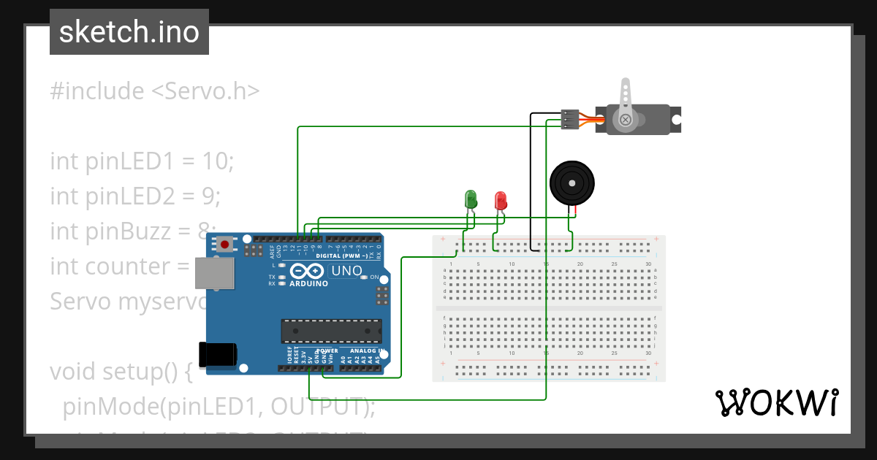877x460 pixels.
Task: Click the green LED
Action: [471, 199]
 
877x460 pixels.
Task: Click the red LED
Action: [501, 200]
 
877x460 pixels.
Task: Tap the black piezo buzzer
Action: [572, 183]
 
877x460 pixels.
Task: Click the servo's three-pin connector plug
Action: [570, 119]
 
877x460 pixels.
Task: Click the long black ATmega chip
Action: [332, 331]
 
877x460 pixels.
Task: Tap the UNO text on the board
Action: [346, 271]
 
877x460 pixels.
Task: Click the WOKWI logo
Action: [776, 402]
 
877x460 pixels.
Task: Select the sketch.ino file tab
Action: [129, 32]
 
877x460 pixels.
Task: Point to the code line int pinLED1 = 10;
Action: [142, 161]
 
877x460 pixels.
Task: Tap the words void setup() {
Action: [121, 372]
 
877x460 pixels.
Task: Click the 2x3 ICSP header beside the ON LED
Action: [381, 296]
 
